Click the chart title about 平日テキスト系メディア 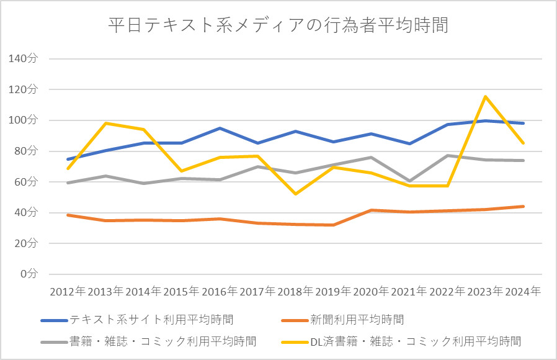(278, 25)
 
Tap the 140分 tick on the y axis (24, 59)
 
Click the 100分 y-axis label (24, 120)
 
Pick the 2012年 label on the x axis (68, 291)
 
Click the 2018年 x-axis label (295, 291)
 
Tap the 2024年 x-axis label (522, 291)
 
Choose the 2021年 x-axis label (409, 291)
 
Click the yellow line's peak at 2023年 (485, 96)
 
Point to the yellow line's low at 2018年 (295, 194)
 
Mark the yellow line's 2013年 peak (105, 123)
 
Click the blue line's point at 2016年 (220, 128)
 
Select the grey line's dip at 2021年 (409, 181)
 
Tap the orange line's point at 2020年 (371, 210)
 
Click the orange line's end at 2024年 (523, 206)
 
